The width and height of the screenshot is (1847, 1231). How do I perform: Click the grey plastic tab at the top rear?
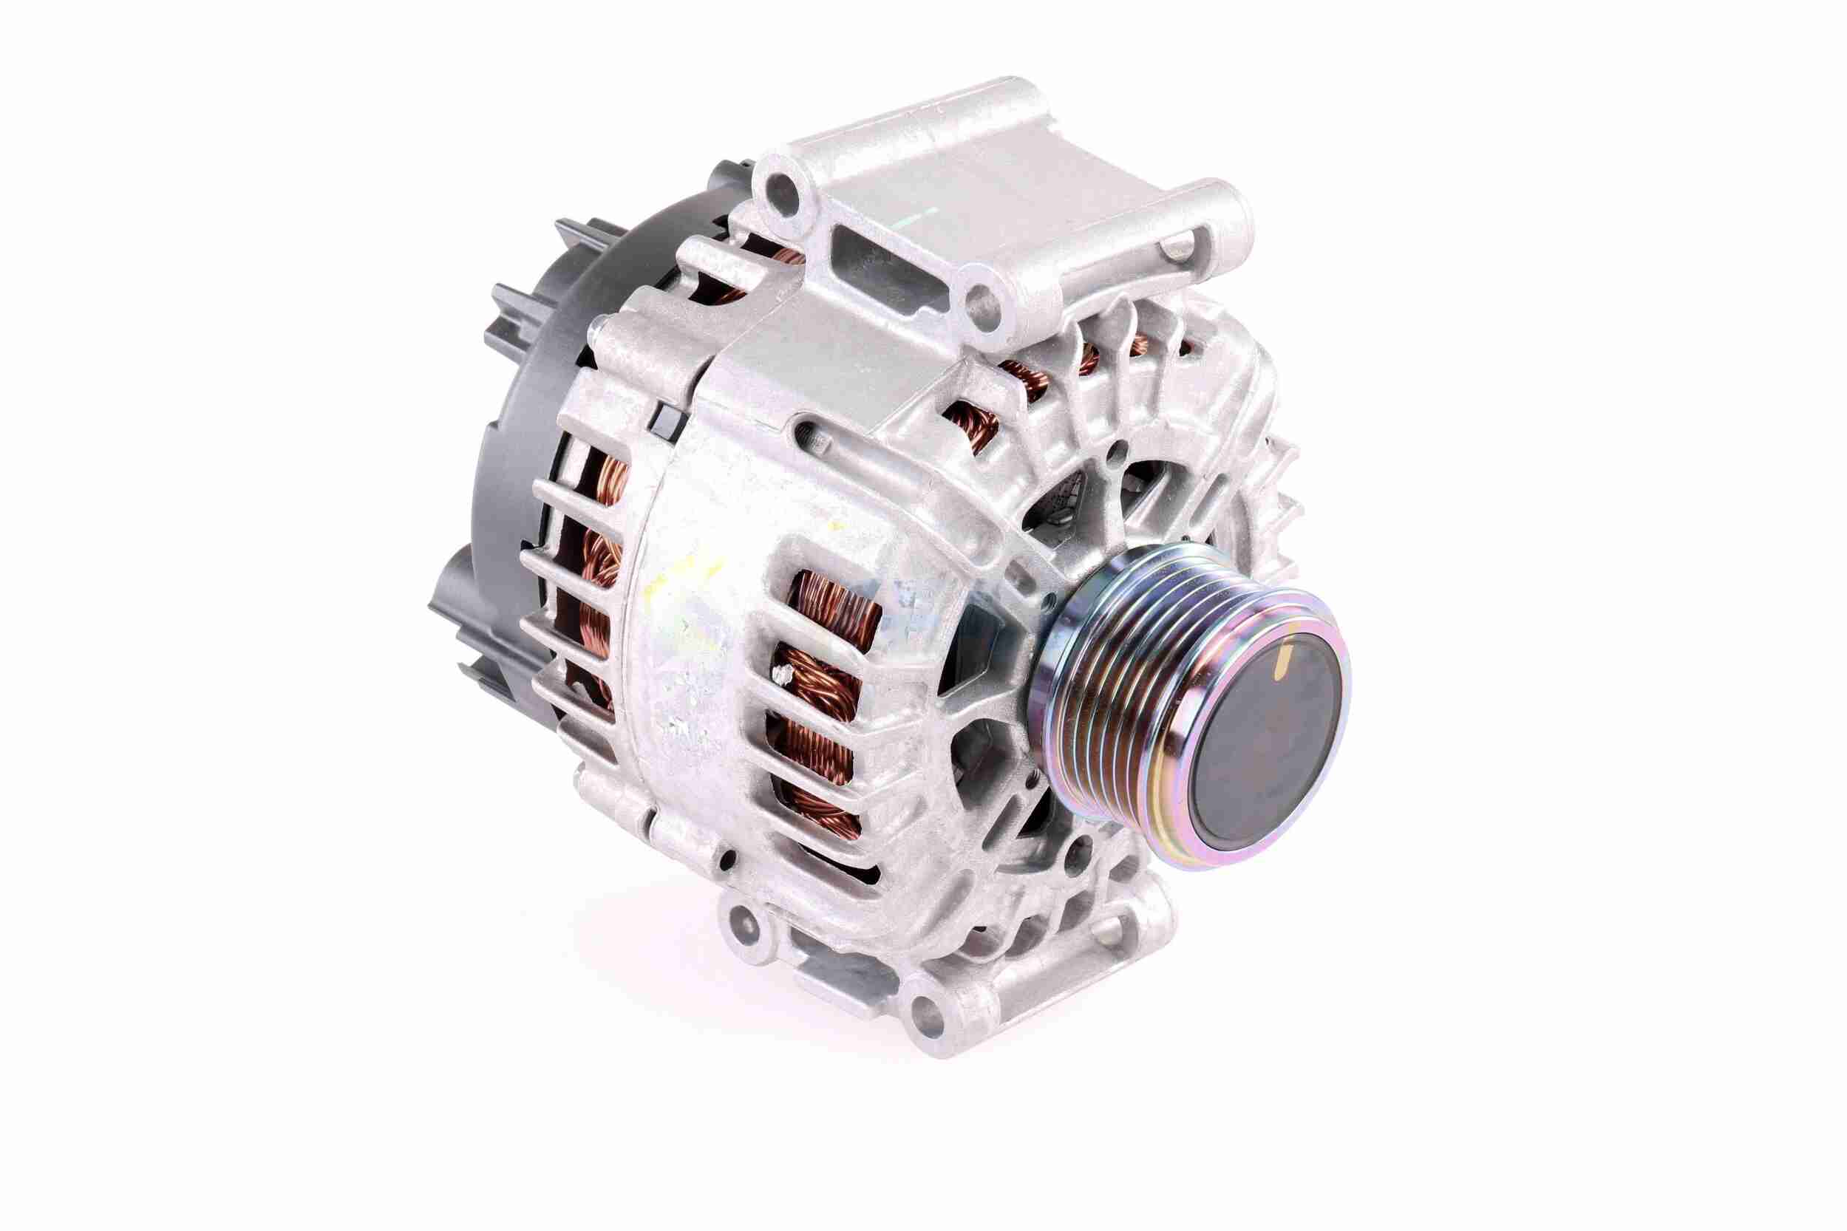pos(577,236)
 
